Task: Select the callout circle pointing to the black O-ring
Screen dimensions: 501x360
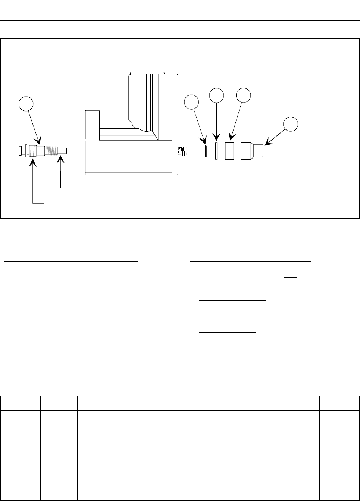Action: pyautogui.click(x=192, y=102)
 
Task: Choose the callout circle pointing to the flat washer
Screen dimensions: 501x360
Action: pyautogui.click(x=216, y=95)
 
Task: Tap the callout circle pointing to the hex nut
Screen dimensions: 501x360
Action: pyautogui.click(x=244, y=95)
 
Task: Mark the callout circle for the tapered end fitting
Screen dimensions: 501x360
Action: pyautogui.click(x=290, y=124)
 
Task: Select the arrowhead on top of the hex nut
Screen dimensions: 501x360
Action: pyautogui.click(x=231, y=139)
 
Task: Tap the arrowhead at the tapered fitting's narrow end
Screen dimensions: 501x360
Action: pyautogui.click(x=267, y=143)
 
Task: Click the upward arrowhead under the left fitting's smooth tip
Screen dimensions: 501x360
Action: pyautogui.click(x=60, y=160)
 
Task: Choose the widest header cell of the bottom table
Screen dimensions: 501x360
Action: pyautogui.click(x=198, y=403)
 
